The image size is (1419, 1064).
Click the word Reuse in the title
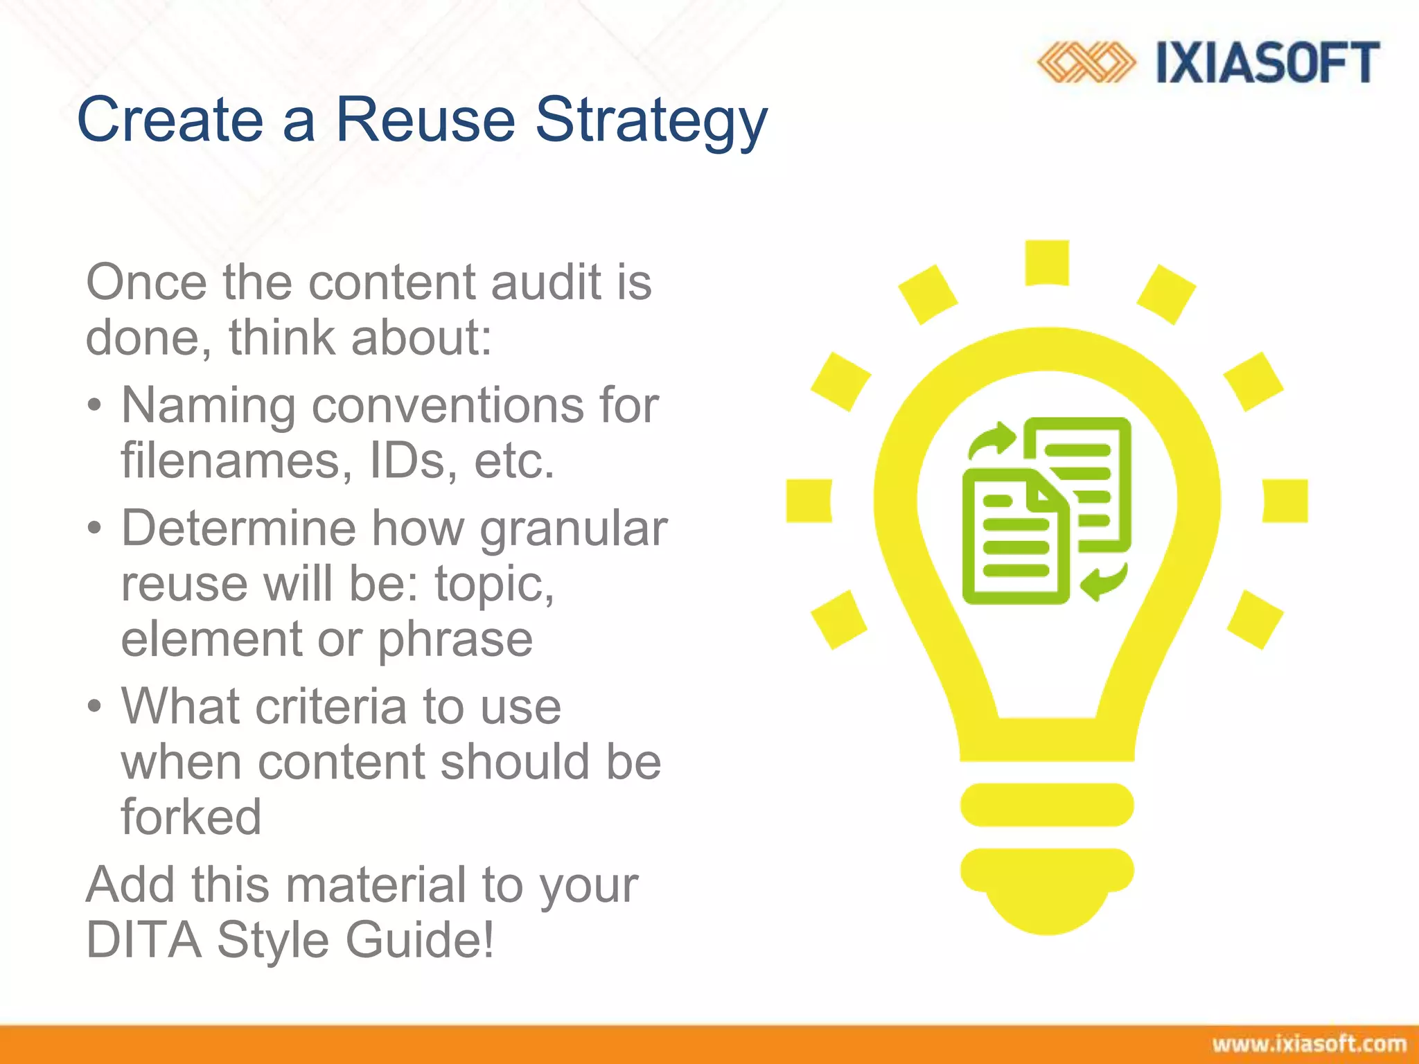(x=425, y=119)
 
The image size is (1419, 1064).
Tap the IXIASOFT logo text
(x=1267, y=63)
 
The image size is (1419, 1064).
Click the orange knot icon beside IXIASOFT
(x=1085, y=63)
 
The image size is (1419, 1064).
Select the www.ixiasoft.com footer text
(x=1309, y=1044)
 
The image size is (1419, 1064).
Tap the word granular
(x=574, y=529)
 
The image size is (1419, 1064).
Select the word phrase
(x=455, y=639)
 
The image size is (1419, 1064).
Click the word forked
(x=191, y=817)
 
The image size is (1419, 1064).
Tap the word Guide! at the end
(x=420, y=940)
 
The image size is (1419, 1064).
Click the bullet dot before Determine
(x=95, y=529)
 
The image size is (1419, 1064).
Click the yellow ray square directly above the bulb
(x=1046, y=263)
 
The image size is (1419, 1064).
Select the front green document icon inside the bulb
(x=1013, y=537)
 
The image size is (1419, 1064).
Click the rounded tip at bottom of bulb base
(x=1046, y=914)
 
